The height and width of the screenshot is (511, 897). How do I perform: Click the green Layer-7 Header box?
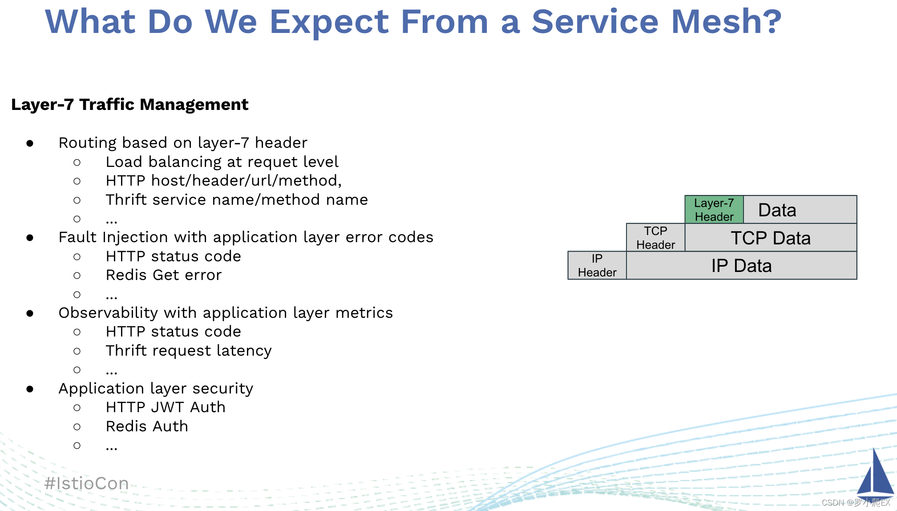click(714, 210)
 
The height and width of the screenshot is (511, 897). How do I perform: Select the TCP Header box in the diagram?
click(655, 238)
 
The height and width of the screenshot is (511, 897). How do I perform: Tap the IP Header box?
click(597, 266)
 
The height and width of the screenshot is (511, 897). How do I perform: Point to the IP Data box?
click(741, 266)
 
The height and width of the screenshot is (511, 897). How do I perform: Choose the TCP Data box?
click(771, 238)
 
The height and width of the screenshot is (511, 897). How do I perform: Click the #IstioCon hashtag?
click(87, 483)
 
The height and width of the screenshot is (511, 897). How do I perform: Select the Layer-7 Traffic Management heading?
click(129, 105)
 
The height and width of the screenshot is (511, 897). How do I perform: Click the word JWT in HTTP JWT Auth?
click(168, 407)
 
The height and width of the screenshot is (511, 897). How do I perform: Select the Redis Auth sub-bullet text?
click(147, 426)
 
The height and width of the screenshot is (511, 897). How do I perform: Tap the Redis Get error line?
click(163, 275)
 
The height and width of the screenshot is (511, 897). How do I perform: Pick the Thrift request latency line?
click(189, 351)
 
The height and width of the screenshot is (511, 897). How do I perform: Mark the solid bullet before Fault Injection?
click(30, 238)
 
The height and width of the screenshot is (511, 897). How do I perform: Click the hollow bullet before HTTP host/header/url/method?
click(77, 181)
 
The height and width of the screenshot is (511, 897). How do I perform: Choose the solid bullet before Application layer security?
click(30, 389)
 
